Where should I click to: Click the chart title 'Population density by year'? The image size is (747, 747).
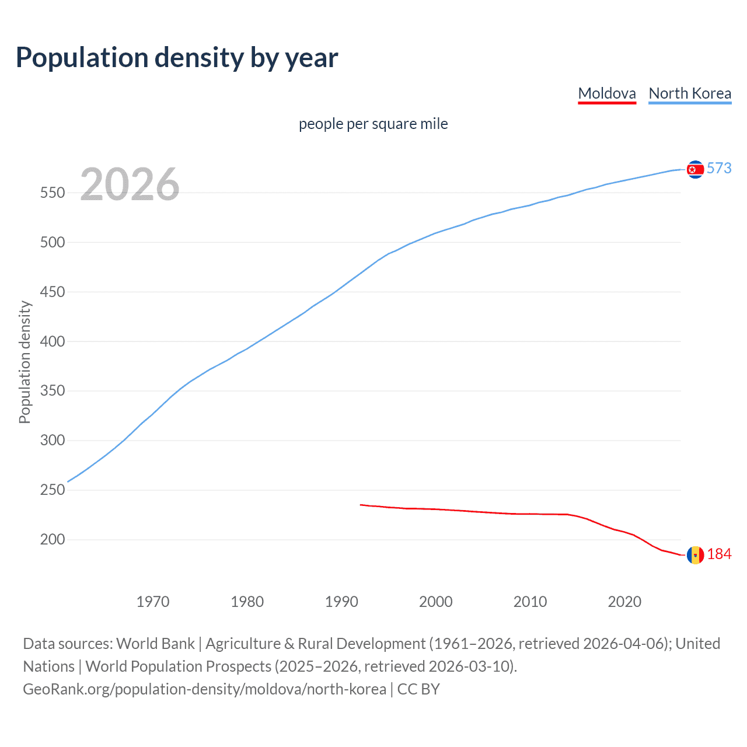click(x=177, y=58)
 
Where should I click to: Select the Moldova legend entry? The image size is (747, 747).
click(x=606, y=93)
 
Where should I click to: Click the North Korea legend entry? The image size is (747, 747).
click(x=690, y=93)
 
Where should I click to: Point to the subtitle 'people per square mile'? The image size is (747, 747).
click(x=373, y=124)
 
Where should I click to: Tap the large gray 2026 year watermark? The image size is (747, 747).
click(x=130, y=184)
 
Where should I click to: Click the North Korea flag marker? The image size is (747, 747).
click(x=695, y=169)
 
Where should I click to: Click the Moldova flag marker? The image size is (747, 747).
click(x=695, y=555)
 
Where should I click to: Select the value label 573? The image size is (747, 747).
click(x=719, y=168)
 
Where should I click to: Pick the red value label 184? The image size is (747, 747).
click(x=719, y=554)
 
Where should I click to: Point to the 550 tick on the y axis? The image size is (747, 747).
click(x=53, y=193)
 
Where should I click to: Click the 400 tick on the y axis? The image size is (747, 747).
click(x=53, y=341)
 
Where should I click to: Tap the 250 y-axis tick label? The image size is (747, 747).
click(x=53, y=490)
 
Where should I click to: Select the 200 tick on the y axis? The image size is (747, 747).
click(x=53, y=540)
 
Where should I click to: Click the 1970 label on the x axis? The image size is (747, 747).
click(x=153, y=601)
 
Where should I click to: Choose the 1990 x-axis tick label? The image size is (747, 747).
click(x=341, y=601)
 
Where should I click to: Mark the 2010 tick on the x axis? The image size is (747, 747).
click(x=530, y=601)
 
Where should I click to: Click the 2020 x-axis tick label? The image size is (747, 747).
click(x=624, y=601)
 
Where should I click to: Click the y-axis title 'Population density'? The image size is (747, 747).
click(x=25, y=362)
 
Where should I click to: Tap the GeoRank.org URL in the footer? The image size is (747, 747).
click(x=204, y=689)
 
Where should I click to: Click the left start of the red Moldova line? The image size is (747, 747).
click(x=361, y=505)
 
